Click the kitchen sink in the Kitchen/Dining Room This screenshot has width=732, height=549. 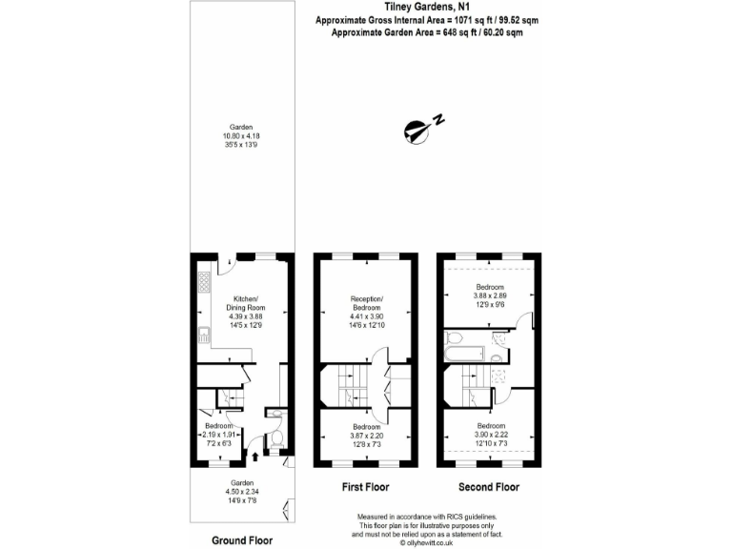pos(204,335)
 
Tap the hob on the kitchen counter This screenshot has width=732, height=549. pos(203,282)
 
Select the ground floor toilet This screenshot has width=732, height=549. pos(275,439)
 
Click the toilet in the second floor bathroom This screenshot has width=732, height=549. pos(455,337)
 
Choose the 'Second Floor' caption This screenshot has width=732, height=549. pos(490,487)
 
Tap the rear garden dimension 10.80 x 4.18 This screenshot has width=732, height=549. pos(240,136)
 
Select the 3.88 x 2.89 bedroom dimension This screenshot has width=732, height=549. pos(491,296)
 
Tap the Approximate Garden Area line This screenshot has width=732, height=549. pos(426,33)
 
